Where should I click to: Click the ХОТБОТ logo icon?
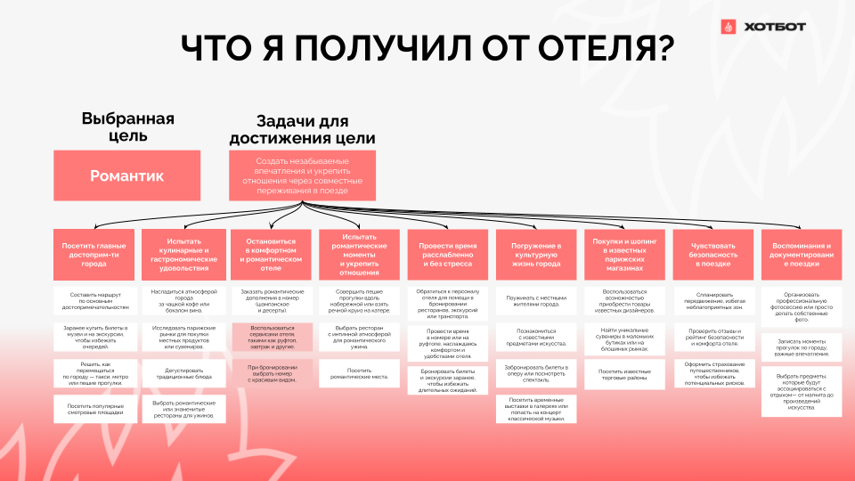click(729, 27)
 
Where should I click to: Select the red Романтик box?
click(126, 175)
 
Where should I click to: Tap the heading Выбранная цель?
click(126, 127)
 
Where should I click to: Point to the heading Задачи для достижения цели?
click(302, 130)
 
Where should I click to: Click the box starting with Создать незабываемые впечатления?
click(302, 175)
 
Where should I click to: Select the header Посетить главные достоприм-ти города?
click(94, 255)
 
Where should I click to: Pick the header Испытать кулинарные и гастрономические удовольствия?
click(183, 255)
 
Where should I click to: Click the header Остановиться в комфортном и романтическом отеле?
click(270, 255)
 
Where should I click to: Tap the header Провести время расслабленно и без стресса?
click(447, 255)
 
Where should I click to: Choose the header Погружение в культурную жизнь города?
click(535, 255)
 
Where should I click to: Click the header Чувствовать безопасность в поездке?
click(712, 255)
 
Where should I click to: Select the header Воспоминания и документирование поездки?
click(802, 255)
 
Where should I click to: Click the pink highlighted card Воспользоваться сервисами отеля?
click(270, 336)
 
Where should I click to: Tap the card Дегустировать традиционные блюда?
click(183, 373)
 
